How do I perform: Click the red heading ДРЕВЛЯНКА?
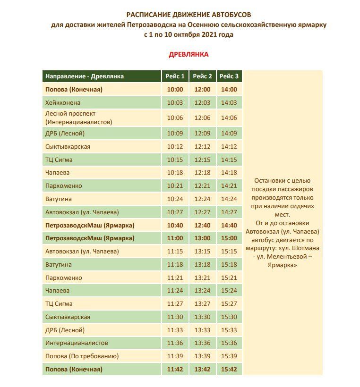189,54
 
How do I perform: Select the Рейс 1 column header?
175,76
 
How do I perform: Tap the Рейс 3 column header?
229,76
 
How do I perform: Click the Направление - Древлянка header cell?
85,76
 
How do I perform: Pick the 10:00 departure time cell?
175,89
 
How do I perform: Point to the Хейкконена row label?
63,102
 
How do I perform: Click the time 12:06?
202,118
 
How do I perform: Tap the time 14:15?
229,160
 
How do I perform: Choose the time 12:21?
202,186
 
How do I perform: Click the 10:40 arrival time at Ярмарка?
175,225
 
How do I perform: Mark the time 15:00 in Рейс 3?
229,238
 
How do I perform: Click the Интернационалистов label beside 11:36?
77,343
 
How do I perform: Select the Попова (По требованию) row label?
82,356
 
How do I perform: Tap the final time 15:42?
229,369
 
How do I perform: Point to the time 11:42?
175,369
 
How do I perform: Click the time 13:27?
202,303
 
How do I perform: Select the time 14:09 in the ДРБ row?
229,133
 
